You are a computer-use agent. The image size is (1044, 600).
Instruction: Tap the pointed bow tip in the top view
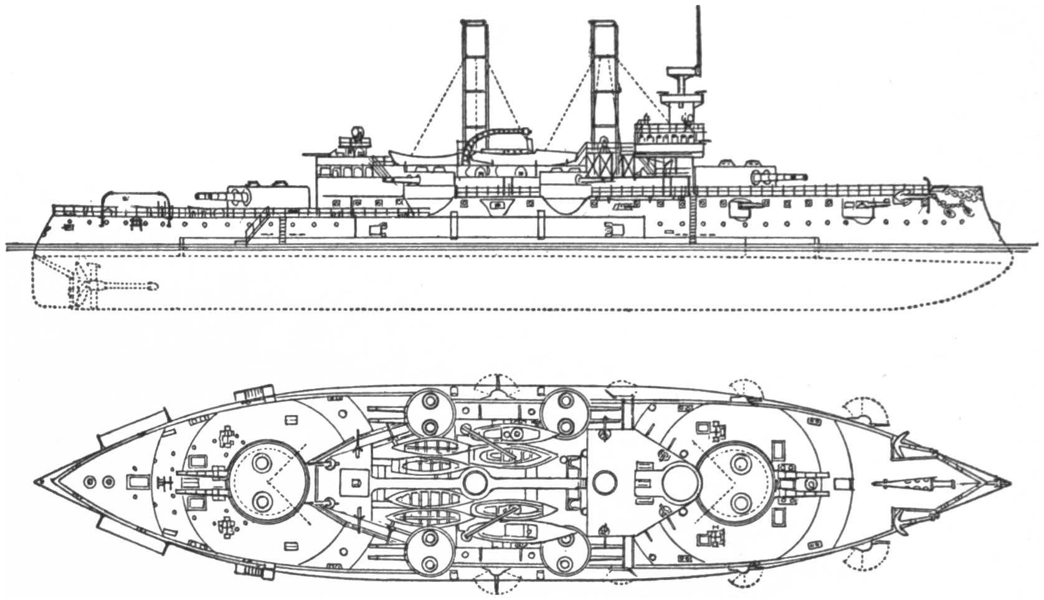pos(1007,483)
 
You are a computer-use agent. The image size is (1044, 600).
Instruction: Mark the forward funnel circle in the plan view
pos(604,482)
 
